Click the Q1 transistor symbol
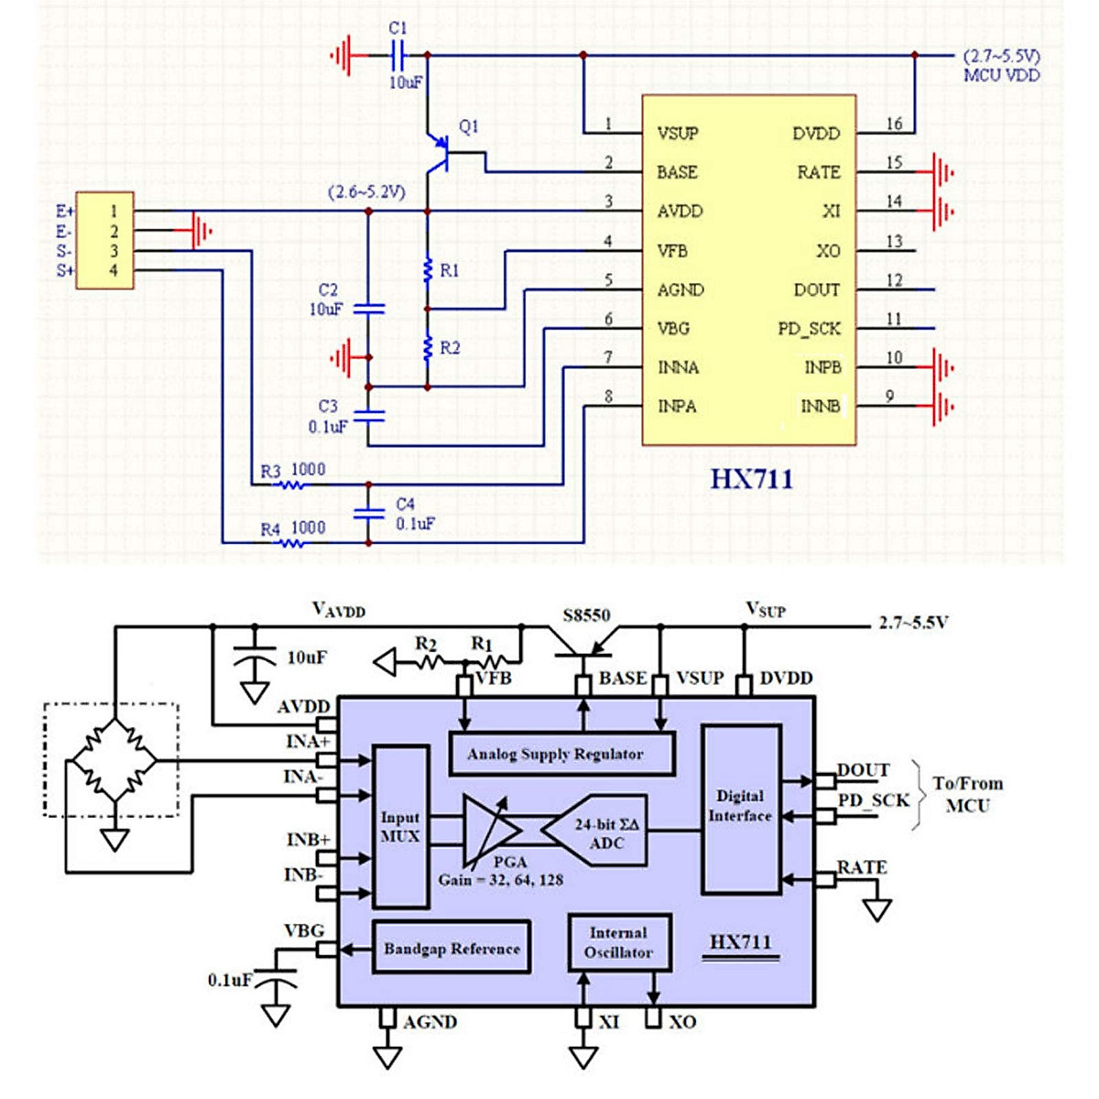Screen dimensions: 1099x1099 (x=440, y=153)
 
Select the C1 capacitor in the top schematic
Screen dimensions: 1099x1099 (x=397, y=56)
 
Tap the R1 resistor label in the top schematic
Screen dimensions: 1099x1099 (x=449, y=270)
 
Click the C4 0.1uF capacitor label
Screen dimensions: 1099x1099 (x=415, y=514)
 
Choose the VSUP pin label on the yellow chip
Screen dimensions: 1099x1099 (x=678, y=134)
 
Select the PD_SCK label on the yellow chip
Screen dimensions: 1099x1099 (x=809, y=329)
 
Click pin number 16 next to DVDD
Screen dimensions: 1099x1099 (x=894, y=124)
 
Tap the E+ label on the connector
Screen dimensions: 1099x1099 (x=65, y=212)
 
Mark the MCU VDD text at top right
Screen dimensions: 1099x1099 (x=1002, y=75)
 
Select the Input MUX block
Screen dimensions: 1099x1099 (x=401, y=826)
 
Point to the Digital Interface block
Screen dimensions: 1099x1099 (x=741, y=807)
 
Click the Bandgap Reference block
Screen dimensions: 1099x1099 (x=452, y=949)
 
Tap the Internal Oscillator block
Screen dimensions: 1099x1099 (x=619, y=942)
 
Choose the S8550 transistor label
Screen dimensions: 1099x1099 (x=586, y=615)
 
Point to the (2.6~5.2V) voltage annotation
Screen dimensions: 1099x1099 (x=366, y=193)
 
